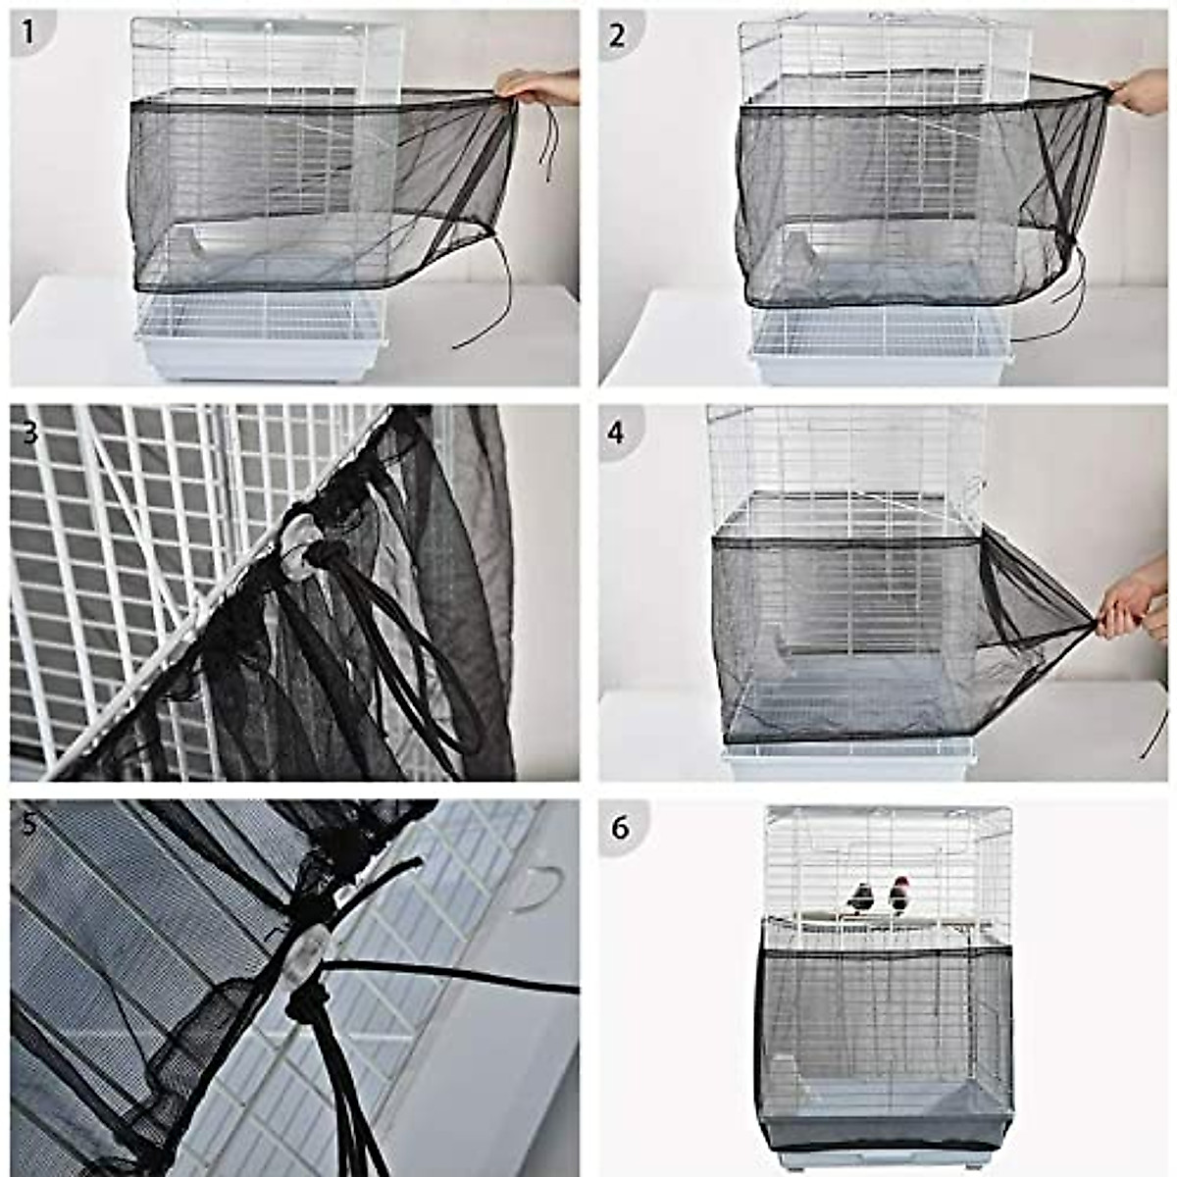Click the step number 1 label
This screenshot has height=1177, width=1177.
pos(28,33)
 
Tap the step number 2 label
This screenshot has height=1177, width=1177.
pos(617,35)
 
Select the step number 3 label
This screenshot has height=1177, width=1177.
pos(28,431)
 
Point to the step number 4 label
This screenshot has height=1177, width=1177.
pos(616,432)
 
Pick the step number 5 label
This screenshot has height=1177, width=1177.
pos(28,824)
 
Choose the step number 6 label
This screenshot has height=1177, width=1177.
pos(619,828)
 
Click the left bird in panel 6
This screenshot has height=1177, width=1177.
pos(861,896)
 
